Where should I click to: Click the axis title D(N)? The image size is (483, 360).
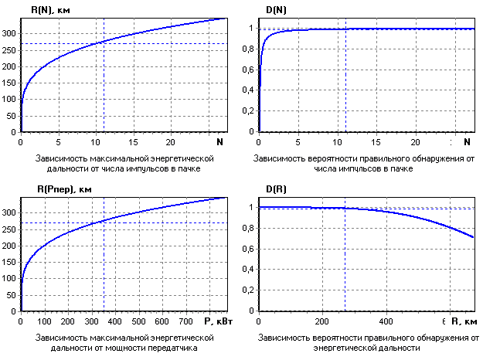(279, 10)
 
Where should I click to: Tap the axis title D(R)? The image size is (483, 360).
(279, 190)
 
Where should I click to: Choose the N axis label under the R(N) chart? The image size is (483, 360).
(219, 142)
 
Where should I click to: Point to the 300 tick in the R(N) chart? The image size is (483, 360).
(9, 33)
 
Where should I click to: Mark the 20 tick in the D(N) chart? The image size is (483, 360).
(416, 142)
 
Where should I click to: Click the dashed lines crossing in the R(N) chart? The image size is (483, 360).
(104, 44)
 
